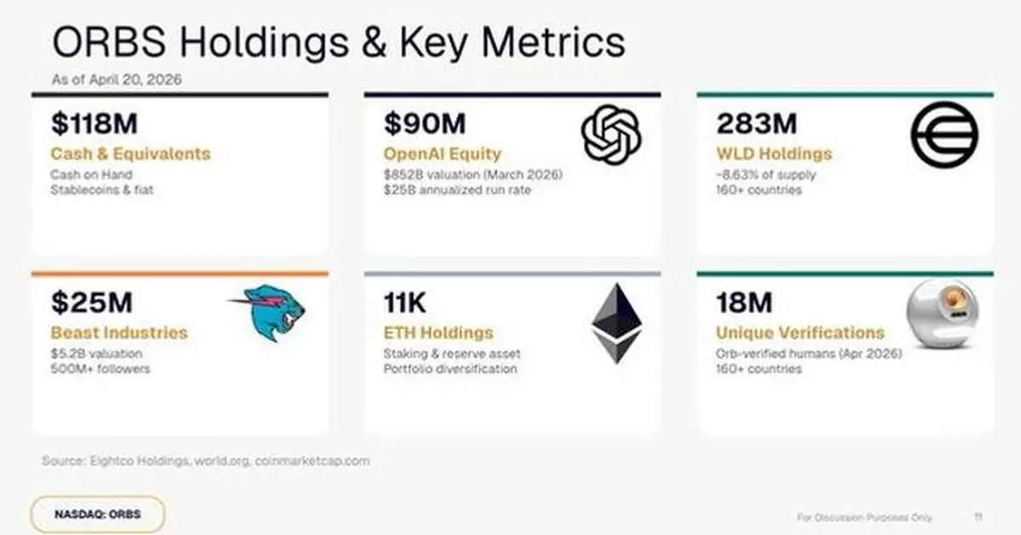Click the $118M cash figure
click(x=94, y=123)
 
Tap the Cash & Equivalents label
click(x=130, y=154)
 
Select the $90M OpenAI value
click(x=425, y=123)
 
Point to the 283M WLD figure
click(x=756, y=123)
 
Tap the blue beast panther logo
click(x=269, y=312)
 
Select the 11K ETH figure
click(x=405, y=302)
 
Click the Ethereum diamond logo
click(x=617, y=323)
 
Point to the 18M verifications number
click(x=744, y=302)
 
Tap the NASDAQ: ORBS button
click(x=97, y=515)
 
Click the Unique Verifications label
click(x=800, y=333)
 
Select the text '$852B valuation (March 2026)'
click(x=473, y=175)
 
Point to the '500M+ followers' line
click(x=100, y=369)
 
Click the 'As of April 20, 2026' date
click(x=117, y=79)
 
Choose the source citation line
click(x=206, y=461)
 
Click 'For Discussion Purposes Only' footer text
click(x=864, y=517)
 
